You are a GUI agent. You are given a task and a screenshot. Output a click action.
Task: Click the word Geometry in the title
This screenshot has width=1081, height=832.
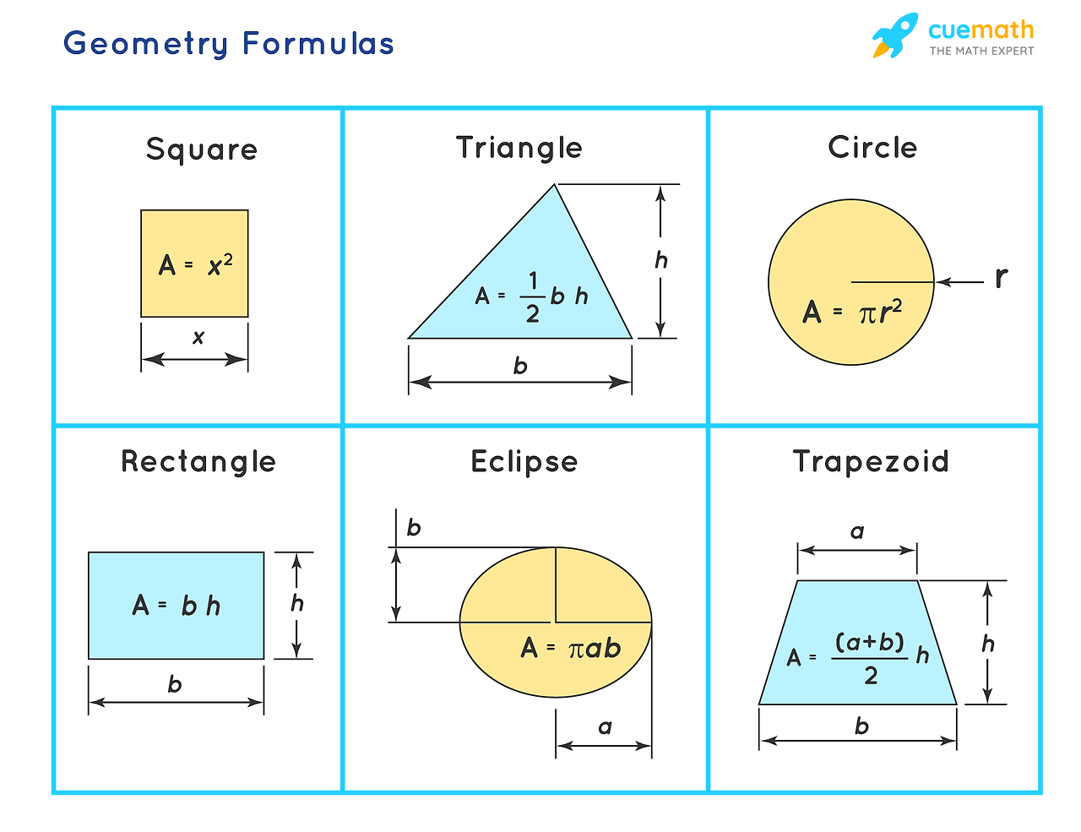[x=145, y=44]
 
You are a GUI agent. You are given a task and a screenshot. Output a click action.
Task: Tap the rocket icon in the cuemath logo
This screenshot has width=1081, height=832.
[x=894, y=35]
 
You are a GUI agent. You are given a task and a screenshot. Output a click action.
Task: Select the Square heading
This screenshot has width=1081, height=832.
[x=202, y=150]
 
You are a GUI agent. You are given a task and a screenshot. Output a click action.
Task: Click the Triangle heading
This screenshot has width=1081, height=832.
[x=519, y=148]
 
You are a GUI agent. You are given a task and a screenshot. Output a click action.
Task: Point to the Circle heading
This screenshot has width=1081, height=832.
[x=872, y=147]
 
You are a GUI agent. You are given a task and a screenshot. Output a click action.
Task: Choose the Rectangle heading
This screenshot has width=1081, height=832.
[x=198, y=462]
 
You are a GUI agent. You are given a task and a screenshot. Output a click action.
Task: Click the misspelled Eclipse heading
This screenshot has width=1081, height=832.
[x=524, y=462]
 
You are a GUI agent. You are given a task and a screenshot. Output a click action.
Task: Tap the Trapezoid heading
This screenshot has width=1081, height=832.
[x=871, y=461]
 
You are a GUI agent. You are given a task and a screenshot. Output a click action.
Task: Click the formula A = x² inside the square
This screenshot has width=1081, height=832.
[x=195, y=264]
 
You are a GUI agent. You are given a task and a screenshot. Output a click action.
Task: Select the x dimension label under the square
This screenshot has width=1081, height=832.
[x=198, y=337]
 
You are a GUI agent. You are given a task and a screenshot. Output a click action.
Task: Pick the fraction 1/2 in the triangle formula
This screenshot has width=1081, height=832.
[x=532, y=296]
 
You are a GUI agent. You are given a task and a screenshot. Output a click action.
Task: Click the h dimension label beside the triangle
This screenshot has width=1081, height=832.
[x=660, y=259]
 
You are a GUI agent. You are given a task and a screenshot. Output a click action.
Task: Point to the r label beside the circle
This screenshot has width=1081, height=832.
[x=1001, y=278]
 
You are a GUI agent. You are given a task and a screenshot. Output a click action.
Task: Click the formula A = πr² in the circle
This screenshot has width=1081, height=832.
[x=852, y=312]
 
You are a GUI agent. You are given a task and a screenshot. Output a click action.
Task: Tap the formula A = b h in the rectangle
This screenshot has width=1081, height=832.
[x=177, y=606]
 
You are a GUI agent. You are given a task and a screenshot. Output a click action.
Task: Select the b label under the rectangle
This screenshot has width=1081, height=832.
[x=175, y=684]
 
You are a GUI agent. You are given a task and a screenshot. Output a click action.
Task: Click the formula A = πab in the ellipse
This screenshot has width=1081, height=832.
[x=571, y=648]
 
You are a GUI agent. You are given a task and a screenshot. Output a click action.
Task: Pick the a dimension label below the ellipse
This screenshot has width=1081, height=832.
[x=605, y=727]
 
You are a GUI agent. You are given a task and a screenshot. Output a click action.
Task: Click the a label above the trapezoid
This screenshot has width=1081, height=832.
[x=857, y=532]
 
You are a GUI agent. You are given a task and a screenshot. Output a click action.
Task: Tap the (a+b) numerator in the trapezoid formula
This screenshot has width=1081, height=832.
[x=869, y=643]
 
